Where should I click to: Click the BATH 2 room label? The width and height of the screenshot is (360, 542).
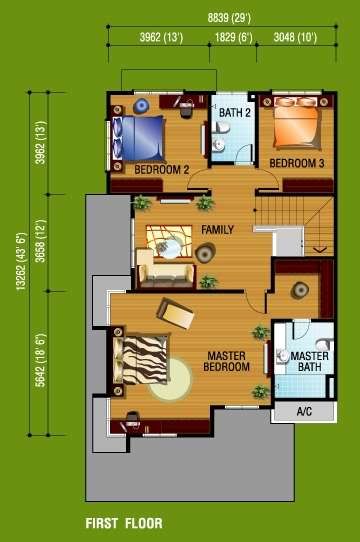[x=234, y=113]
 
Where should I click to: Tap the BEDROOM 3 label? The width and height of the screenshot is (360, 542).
[x=297, y=163]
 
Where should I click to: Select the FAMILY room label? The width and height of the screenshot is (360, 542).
[x=218, y=230]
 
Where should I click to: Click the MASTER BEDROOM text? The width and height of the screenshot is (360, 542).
[x=227, y=361]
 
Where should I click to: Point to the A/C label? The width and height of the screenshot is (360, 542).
[x=304, y=411]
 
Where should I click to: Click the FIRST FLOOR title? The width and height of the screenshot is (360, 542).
[x=124, y=523]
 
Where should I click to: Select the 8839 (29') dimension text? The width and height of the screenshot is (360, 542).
[x=229, y=18]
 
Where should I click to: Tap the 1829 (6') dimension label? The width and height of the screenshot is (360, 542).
[x=233, y=37]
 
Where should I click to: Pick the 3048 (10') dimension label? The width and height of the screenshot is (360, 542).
[x=295, y=37]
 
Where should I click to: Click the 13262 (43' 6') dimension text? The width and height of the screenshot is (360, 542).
[x=21, y=261]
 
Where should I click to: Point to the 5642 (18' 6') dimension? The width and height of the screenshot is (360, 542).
[x=41, y=360]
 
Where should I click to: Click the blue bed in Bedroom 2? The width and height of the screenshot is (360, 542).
[x=138, y=138]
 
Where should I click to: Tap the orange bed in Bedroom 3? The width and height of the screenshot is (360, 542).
[x=296, y=123]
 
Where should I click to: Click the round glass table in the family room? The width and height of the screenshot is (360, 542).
[x=168, y=247]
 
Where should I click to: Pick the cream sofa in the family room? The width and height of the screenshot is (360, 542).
[x=165, y=270]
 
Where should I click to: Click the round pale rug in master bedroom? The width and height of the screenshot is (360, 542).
[x=171, y=380]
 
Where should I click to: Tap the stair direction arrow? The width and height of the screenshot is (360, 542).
[x=320, y=249]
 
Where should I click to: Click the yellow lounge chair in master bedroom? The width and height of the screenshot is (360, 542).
[x=175, y=314]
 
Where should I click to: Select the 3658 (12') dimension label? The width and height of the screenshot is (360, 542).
[x=41, y=241]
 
